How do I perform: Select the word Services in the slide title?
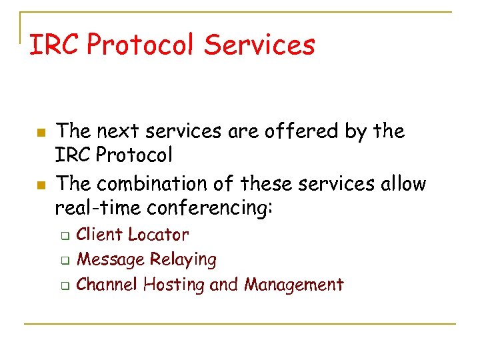(259, 45)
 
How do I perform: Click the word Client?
(99, 235)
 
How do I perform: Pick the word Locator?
(158, 235)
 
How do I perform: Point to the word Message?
(110, 259)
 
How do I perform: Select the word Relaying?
(183, 260)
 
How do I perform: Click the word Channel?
(107, 285)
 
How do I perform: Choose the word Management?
(293, 285)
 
